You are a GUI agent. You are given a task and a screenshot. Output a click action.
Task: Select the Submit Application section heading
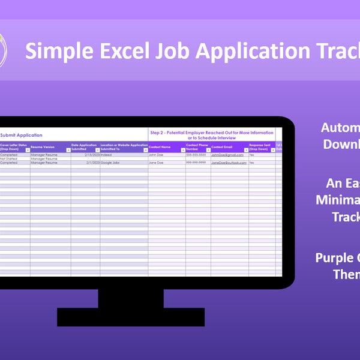21,135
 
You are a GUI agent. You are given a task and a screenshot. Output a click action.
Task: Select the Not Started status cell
9,158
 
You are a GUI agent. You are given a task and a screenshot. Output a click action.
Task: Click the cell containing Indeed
107,154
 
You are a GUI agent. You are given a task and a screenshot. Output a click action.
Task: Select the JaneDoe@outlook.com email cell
229,163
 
